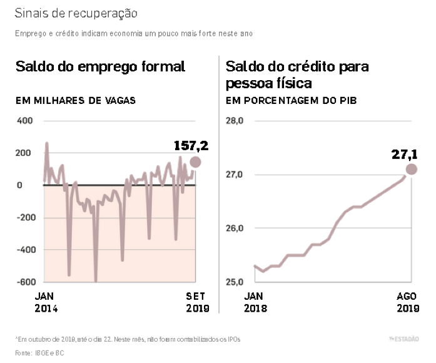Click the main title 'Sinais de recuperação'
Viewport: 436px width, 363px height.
[76, 13]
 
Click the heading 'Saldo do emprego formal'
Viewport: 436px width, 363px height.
[100, 66]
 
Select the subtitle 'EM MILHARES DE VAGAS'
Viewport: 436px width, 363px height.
[76, 100]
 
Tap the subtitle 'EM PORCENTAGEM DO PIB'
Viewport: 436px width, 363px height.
[291, 100]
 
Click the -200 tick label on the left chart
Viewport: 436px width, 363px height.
[23, 217]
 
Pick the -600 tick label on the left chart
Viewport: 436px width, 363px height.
[23, 282]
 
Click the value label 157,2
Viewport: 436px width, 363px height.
[191, 146]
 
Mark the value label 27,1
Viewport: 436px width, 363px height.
[405, 154]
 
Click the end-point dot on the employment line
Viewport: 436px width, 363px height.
[196, 162]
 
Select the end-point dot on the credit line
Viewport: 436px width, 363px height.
[411, 169]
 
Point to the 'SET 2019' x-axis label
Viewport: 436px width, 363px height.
[197, 302]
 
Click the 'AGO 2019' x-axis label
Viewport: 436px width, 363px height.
[407, 302]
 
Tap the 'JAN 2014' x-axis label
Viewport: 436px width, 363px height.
[46, 302]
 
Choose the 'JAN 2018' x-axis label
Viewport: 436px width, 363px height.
[255, 302]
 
